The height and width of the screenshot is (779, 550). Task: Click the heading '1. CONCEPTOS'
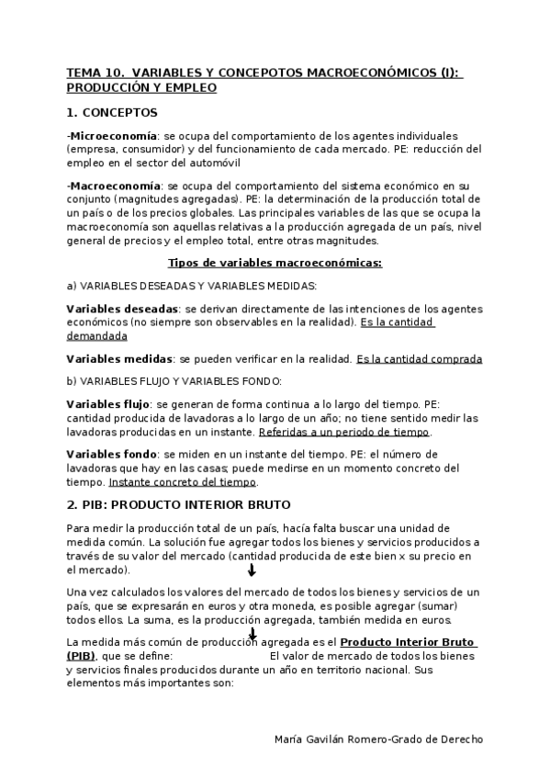click(x=112, y=113)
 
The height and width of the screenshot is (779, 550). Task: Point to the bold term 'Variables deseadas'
click(x=121, y=309)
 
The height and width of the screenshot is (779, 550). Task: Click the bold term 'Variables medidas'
click(x=118, y=359)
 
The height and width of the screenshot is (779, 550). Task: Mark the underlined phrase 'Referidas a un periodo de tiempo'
click(x=344, y=432)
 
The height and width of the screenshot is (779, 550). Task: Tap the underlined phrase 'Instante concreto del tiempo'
click(x=183, y=481)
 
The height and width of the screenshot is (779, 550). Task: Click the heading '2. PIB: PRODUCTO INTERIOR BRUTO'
click(x=178, y=505)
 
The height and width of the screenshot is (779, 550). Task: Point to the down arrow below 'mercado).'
click(x=252, y=570)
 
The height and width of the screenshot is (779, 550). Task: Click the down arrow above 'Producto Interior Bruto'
click(x=253, y=632)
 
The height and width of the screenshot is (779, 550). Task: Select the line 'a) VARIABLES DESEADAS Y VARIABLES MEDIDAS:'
click(x=192, y=286)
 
